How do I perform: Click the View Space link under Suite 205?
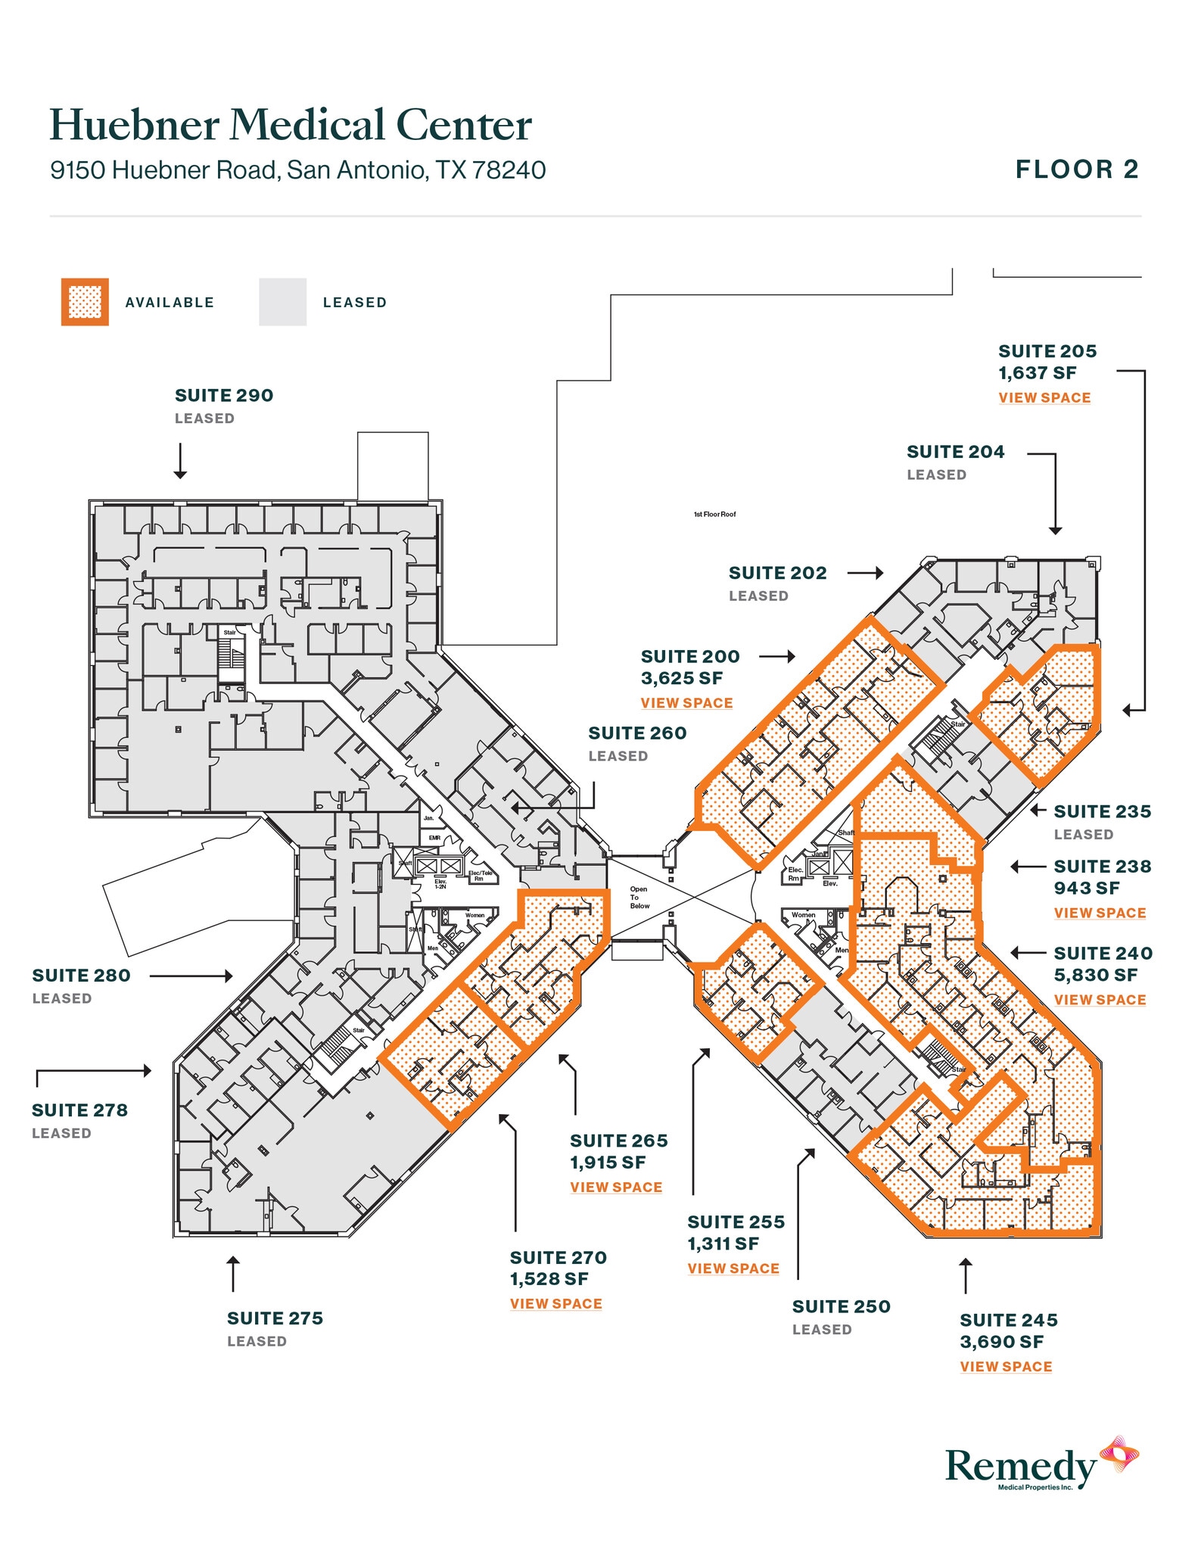tap(1044, 397)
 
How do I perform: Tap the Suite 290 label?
tap(224, 395)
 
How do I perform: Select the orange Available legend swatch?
tap(85, 302)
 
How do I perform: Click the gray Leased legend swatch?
tap(282, 302)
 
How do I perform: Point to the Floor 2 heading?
tap(1076, 170)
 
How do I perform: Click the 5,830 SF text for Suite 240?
tap(1095, 975)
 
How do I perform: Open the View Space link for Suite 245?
tap(1006, 1366)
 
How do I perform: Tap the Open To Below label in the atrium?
tap(639, 898)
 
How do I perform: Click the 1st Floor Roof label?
tap(714, 515)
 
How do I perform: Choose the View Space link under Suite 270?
tap(555, 1303)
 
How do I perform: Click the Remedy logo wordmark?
tap(1020, 1466)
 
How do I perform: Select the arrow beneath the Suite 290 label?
tap(180, 461)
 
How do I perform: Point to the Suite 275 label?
tap(275, 1318)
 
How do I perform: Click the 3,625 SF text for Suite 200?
tap(681, 678)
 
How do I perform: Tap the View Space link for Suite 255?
tap(733, 1268)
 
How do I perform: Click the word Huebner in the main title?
tap(135, 125)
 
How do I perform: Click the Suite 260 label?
tap(637, 733)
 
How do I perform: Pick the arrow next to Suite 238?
tap(1027, 867)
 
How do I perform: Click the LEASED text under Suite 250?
tap(822, 1329)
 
